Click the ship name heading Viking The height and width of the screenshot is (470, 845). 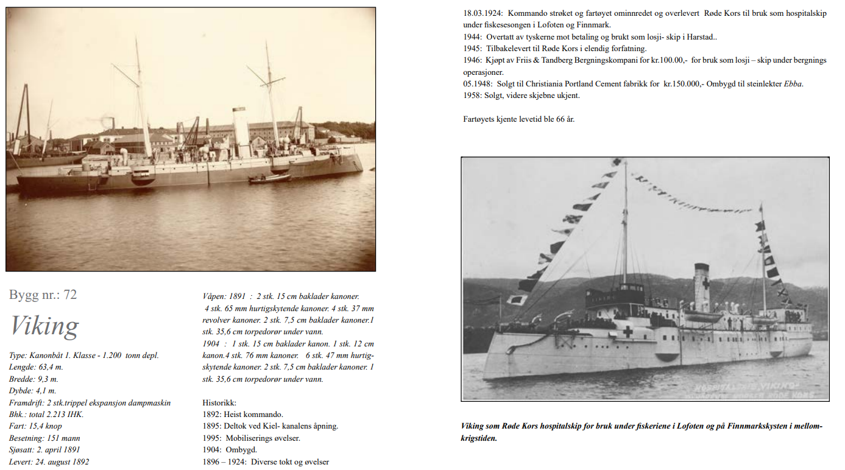44,326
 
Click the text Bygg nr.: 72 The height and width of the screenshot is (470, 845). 43,295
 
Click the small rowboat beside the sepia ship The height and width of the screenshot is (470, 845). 269,178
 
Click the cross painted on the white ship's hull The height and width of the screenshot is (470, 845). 628,332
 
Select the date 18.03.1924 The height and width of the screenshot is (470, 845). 483,13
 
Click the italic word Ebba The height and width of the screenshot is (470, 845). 793,84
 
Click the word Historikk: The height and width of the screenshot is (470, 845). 219,403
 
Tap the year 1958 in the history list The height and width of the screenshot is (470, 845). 472,96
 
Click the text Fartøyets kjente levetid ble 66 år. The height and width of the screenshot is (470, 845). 518,119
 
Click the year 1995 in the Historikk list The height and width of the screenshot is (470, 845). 211,438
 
